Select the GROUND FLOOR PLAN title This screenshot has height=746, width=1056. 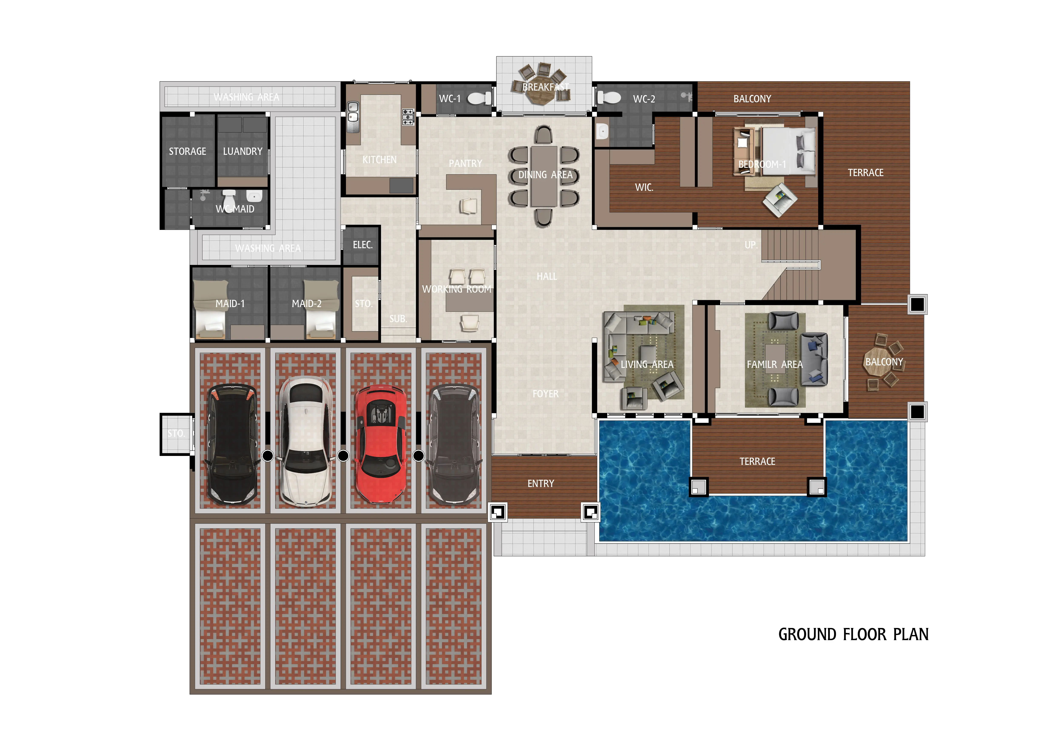pos(853,634)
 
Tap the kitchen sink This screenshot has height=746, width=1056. pos(353,117)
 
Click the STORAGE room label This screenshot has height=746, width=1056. pos(187,151)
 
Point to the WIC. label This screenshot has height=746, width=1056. pos(644,187)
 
